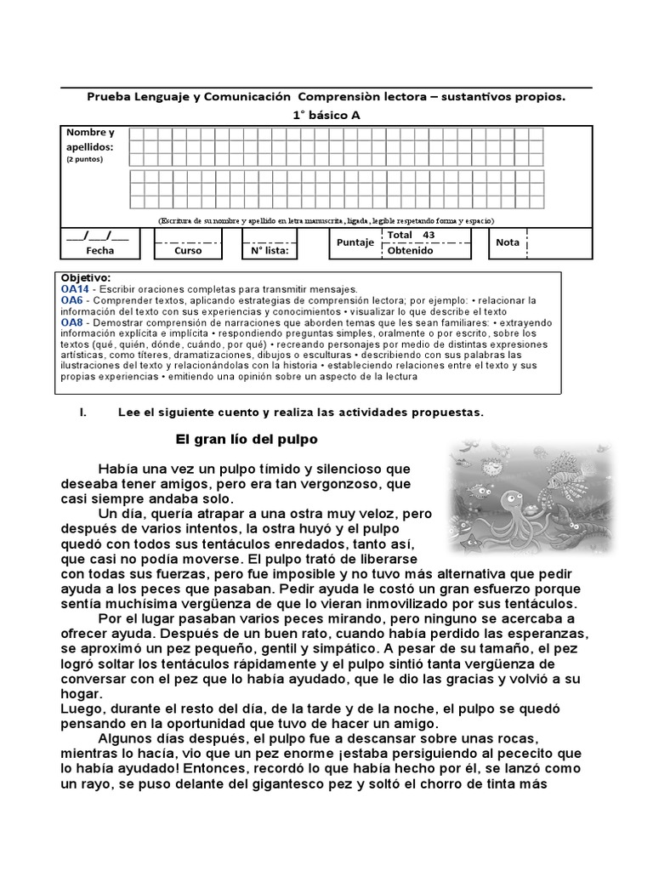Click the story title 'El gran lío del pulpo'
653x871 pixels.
click(246, 440)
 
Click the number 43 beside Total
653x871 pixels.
click(428, 235)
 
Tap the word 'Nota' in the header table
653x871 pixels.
click(508, 242)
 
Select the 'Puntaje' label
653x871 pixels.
click(355, 242)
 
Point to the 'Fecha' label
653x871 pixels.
click(99, 251)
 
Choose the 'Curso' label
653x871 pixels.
click(188, 251)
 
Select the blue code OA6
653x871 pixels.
click(71, 300)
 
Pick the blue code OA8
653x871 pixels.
click(71, 322)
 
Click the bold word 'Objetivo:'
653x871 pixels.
click(86, 278)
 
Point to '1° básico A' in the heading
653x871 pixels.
click(327, 115)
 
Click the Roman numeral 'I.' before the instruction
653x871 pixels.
click(82, 413)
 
